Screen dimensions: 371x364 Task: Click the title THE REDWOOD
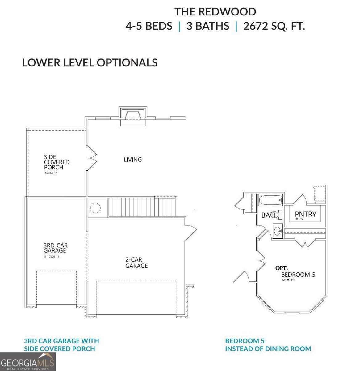pyautogui.click(x=215, y=12)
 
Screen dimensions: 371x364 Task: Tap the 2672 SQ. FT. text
pyautogui.click(x=274, y=26)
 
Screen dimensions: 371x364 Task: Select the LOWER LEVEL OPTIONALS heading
pyautogui.click(x=90, y=63)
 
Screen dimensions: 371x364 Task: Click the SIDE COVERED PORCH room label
pyautogui.click(x=57, y=162)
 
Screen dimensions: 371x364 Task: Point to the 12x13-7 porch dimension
pyautogui.click(x=51, y=173)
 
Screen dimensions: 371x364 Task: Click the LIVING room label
pyautogui.click(x=133, y=160)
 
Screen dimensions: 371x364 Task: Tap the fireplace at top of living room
pyautogui.click(x=133, y=116)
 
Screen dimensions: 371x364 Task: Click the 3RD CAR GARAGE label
pyautogui.click(x=56, y=248)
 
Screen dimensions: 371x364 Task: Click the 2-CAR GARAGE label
pyautogui.click(x=136, y=263)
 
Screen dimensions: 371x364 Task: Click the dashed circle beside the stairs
pyautogui.click(x=95, y=208)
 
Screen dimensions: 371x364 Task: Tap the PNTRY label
pyautogui.click(x=305, y=214)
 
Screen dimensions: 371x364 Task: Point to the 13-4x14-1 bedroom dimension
pyautogui.click(x=288, y=280)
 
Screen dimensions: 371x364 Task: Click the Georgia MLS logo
pyautogui.click(x=27, y=362)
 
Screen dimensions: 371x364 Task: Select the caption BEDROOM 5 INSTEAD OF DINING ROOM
pyautogui.click(x=268, y=345)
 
